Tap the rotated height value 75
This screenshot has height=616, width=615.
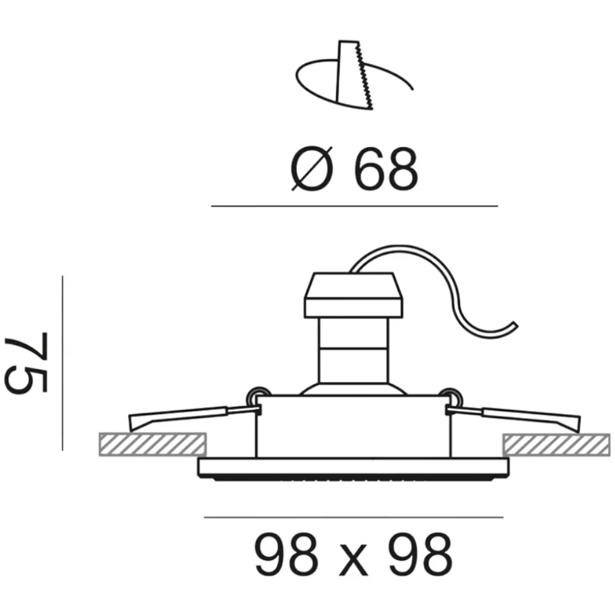coord(27,362)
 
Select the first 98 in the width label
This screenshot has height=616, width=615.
coord(287,554)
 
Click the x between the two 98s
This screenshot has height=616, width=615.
coord(353,560)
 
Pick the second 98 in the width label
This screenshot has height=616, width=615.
coord(420,554)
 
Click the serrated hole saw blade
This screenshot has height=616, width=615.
coord(354,75)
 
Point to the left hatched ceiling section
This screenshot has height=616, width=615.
coord(153,444)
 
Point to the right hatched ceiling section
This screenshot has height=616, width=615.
coord(557,445)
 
